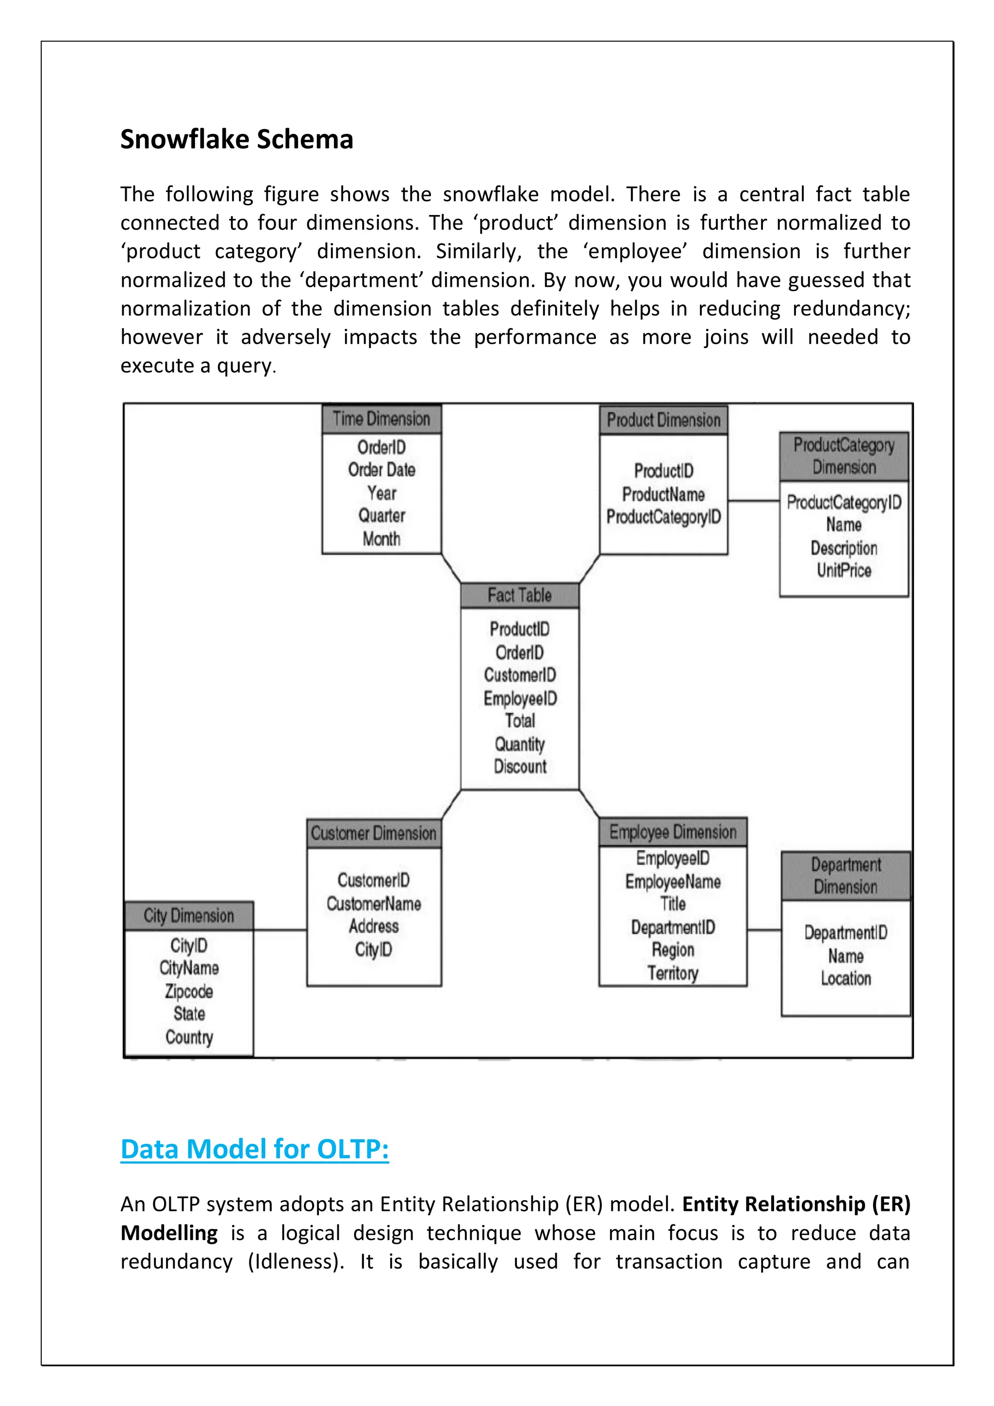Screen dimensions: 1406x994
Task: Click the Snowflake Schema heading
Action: (236, 140)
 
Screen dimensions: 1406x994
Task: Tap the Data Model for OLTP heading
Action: (255, 1149)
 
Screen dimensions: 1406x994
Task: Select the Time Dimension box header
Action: (381, 419)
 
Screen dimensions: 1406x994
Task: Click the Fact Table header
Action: (519, 595)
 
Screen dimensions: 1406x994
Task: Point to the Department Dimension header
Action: (846, 876)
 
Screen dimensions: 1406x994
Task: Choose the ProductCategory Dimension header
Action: (844, 456)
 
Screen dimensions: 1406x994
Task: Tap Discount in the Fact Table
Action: (520, 767)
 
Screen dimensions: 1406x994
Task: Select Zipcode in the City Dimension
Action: (189, 992)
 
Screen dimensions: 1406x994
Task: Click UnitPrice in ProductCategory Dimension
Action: (844, 571)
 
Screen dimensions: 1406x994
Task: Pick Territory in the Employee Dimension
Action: (673, 973)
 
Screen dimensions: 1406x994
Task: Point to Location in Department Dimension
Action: (846, 978)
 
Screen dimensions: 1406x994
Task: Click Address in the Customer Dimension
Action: (374, 926)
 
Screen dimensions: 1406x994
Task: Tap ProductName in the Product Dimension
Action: (663, 494)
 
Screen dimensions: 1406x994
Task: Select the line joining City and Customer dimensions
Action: (280, 930)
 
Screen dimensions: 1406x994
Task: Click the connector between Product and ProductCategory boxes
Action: (753, 501)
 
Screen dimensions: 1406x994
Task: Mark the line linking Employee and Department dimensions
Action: (764, 930)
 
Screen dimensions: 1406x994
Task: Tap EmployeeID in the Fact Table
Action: (520, 699)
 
